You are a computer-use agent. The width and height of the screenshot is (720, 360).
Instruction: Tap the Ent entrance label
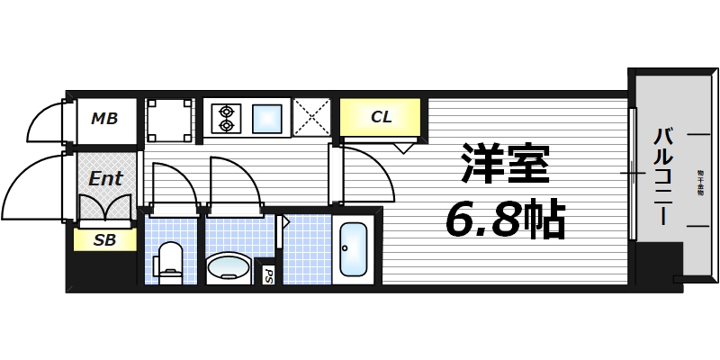point(105,178)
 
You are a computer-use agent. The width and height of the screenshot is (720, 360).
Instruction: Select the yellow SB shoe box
point(104,240)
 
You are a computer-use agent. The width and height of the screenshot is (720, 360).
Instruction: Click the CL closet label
point(381,116)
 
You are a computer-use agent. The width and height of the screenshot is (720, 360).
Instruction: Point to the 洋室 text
point(505,165)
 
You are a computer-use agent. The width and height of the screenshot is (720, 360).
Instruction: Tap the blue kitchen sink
point(268,119)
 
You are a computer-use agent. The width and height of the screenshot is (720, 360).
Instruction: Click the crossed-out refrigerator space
point(312,118)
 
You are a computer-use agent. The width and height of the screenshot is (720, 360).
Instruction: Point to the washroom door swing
point(234,182)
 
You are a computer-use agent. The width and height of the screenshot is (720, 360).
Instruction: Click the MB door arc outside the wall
point(44,121)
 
